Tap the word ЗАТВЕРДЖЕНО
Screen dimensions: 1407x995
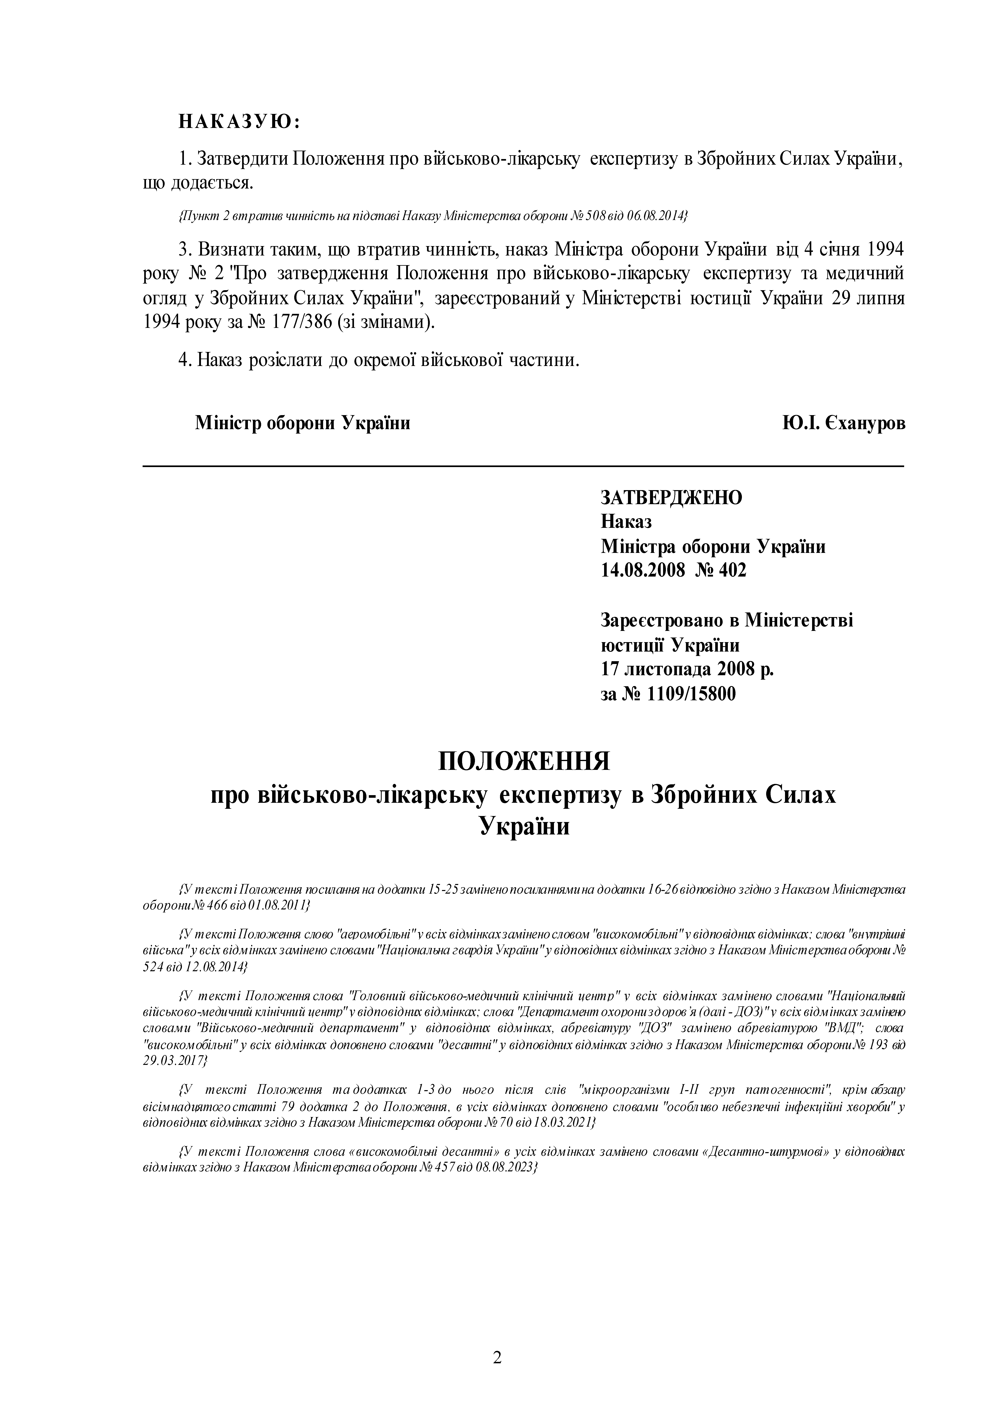(x=671, y=497)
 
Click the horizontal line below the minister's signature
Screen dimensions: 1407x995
(x=523, y=466)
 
